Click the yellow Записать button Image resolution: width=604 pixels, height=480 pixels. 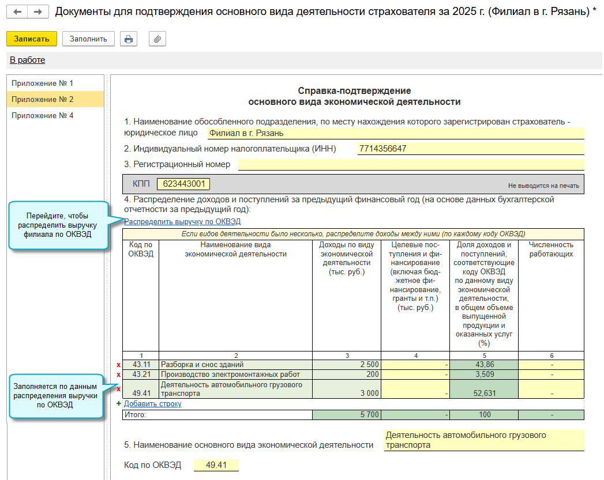pos(32,39)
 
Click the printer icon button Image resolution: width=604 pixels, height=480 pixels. pos(129,39)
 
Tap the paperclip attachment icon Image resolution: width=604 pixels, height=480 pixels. pos(157,39)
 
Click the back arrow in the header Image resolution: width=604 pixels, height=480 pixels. pos(17,12)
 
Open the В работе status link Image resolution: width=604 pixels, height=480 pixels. pos(27,60)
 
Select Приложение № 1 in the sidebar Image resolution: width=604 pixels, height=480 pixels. pos(43,83)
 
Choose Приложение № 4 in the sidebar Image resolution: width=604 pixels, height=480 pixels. pos(43,115)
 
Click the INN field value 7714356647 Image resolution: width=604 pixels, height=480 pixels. pos(382,149)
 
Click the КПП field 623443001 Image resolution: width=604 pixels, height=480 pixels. pos(183,184)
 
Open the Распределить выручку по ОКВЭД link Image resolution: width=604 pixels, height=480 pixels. pos(182,221)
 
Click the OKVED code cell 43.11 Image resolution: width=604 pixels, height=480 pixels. pos(141,364)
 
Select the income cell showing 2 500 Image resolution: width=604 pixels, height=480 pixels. pos(346,364)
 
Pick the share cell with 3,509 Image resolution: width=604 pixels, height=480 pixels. pos(483,375)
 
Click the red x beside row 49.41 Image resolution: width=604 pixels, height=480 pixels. pos(119,389)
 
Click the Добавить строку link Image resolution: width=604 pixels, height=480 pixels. pos(152,404)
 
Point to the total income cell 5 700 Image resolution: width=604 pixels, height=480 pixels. pos(346,415)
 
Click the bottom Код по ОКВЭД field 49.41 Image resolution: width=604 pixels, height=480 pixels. pos(216,466)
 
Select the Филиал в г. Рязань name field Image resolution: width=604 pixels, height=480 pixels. pos(395,133)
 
